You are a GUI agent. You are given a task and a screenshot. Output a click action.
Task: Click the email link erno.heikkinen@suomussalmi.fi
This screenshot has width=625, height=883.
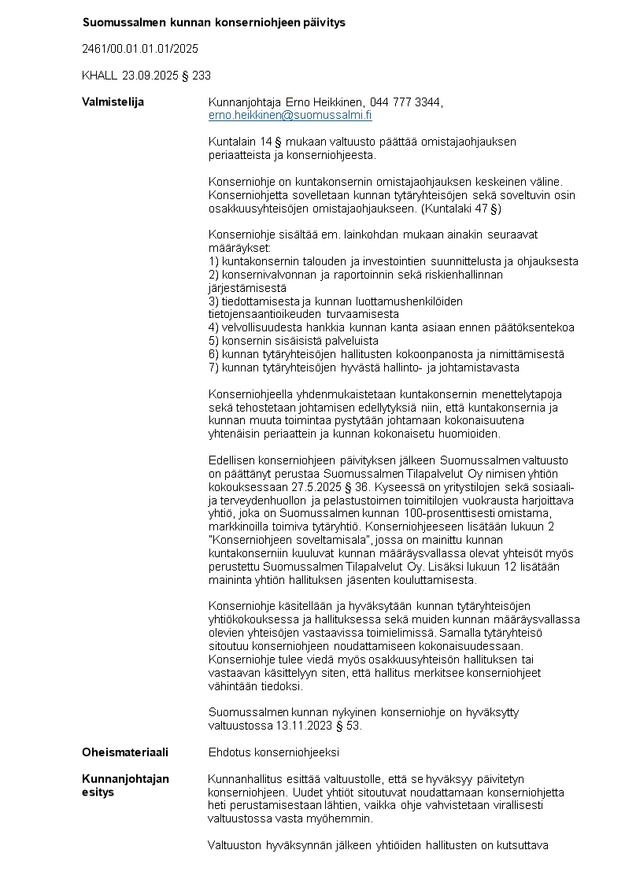coord(290,115)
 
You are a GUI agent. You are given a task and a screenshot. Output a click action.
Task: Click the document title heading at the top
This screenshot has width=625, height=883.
coord(214,22)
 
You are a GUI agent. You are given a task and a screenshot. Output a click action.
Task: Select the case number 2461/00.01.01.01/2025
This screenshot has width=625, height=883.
coord(140,49)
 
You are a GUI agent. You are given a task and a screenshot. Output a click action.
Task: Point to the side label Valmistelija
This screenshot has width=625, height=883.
coord(113,102)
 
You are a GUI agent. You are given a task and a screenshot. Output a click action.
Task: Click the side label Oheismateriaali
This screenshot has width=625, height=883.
coord(124,752)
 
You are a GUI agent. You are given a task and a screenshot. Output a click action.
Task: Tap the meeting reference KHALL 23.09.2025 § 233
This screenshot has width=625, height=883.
coord(146,76)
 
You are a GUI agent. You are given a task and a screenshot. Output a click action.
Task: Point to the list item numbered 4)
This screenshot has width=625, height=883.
coord(391,327)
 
